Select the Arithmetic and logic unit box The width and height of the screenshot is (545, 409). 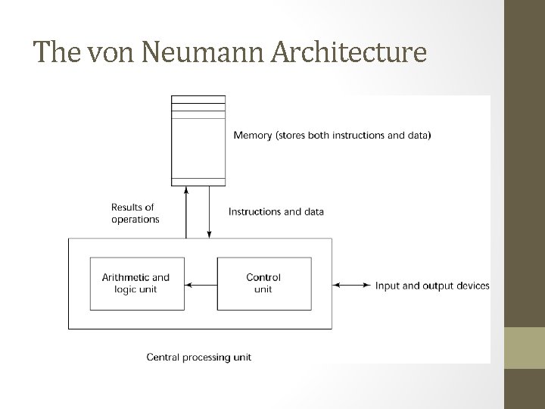point(136,283)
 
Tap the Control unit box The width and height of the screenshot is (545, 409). point(263,283)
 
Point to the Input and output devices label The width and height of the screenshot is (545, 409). point(432,286)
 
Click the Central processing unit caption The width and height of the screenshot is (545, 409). point(199,357)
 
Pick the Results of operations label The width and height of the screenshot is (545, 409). point(135,213)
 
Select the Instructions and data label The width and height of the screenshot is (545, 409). point(276,211)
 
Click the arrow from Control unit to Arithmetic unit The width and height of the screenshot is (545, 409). point(201,286)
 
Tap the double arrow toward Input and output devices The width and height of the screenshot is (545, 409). point(352,286)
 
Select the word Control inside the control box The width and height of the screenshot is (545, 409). point(263,278)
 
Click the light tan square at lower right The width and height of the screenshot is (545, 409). point(525,347)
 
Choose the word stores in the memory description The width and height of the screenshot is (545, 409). point(297,136)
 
